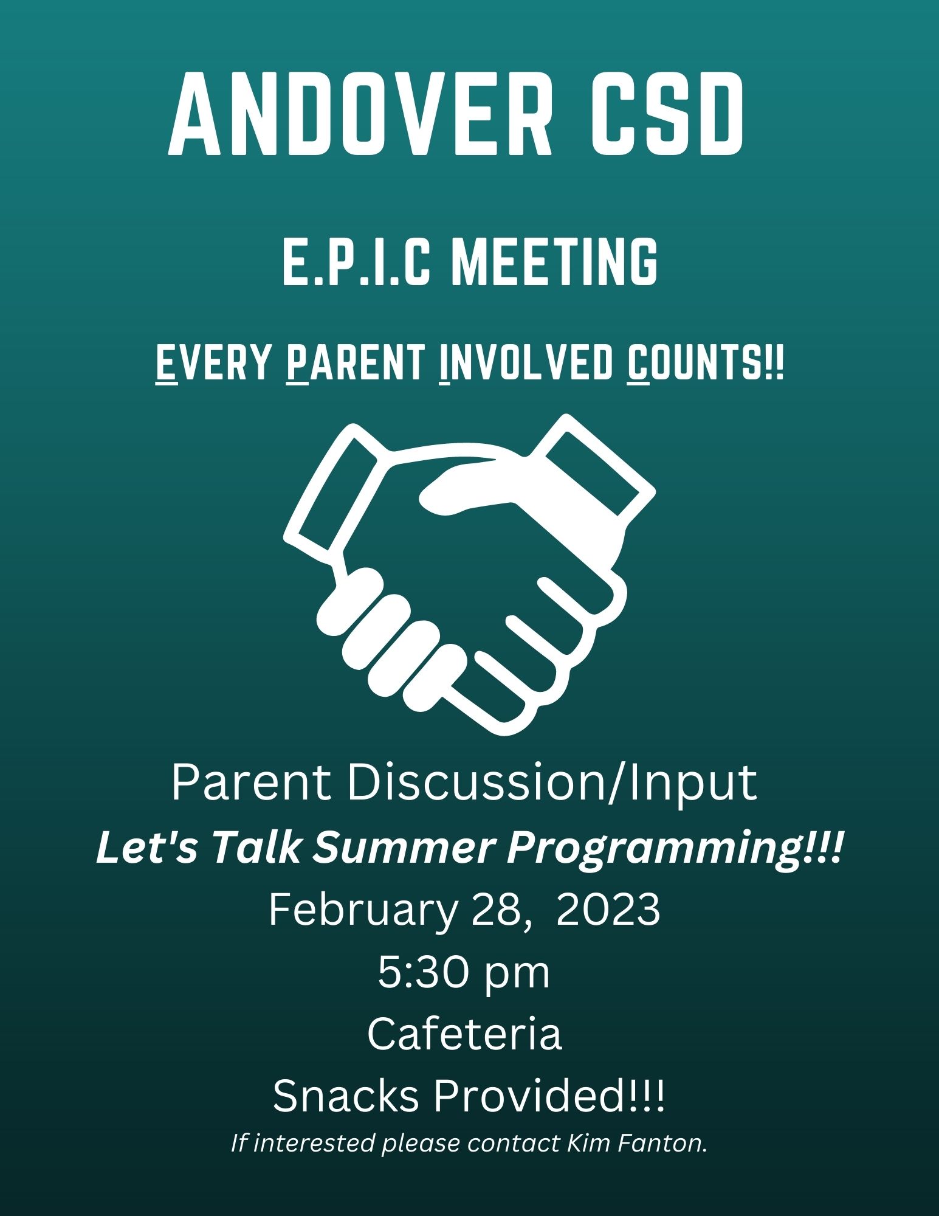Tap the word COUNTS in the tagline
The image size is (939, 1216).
click(696, 362)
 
